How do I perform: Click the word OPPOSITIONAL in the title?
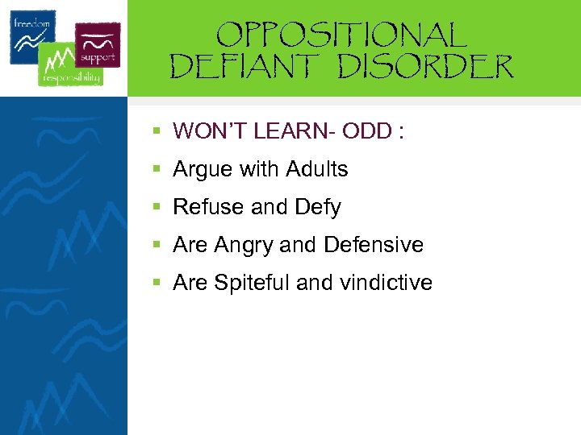pyautogui.click(x=341, y=35)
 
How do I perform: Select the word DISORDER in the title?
pyautogui.click(x=425, y=67)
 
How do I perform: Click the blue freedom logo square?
pyautogui.click(x=33, y=36)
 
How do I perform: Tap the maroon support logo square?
pyautogui.click(x=98, y=43)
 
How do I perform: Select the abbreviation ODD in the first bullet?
pyautogui.click(x=372, y=131)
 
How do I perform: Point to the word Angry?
pyautogui.click(x=245, y=245)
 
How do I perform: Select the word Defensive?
pyautogui.click(x=374, y=245)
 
